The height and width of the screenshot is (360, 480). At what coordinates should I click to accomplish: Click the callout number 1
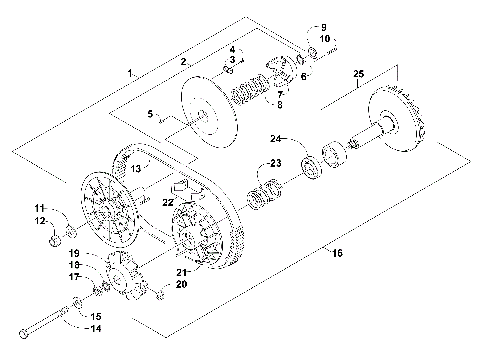click(x=130, y=73)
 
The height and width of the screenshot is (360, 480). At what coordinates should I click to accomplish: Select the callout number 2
click(x=183, y=61)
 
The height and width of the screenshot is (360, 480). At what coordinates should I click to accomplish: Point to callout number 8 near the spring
click(x=279, y=103)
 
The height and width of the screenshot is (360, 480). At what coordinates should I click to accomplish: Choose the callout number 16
click(x=337, y=255)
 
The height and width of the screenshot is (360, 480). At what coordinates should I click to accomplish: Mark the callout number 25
click(x=358, y=74)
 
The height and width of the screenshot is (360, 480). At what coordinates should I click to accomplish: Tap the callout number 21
click(x=181, y=271)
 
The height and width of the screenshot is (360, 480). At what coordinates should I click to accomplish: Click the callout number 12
click(x=40, y=220)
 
